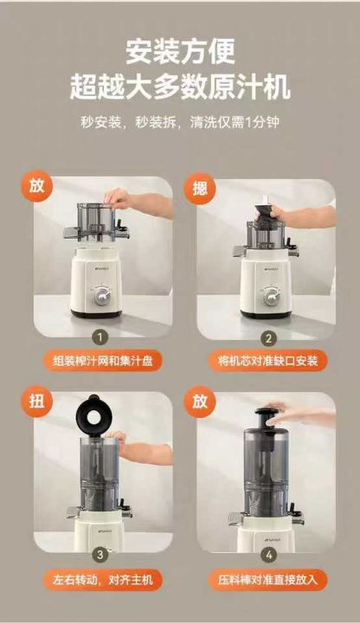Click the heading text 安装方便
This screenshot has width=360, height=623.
point(180,51)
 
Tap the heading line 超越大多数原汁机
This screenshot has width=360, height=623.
point(180,87)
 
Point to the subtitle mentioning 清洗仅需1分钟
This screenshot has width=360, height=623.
point(180,122)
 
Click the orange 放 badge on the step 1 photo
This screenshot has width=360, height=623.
point(37,186)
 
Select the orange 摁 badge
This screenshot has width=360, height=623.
point(199,189)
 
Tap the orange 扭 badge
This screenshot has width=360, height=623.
point(37,401)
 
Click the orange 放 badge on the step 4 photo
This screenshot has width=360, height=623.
point(199,401)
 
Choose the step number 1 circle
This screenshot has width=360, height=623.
point(100,338)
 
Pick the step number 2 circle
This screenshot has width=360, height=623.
point(269,339)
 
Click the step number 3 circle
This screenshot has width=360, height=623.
point(100,555)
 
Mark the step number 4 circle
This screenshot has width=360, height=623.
point(269,555)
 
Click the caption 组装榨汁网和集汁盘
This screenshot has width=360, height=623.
point(103,361)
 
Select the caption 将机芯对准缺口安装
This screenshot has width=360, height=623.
point(268,361)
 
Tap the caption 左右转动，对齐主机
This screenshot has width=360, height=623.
point(103,580)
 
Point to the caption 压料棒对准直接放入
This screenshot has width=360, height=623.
point(268,580)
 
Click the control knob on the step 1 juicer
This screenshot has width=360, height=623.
point(102,296)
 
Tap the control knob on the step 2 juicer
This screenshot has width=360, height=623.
point(272,297)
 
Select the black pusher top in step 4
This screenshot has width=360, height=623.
point(267,418)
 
